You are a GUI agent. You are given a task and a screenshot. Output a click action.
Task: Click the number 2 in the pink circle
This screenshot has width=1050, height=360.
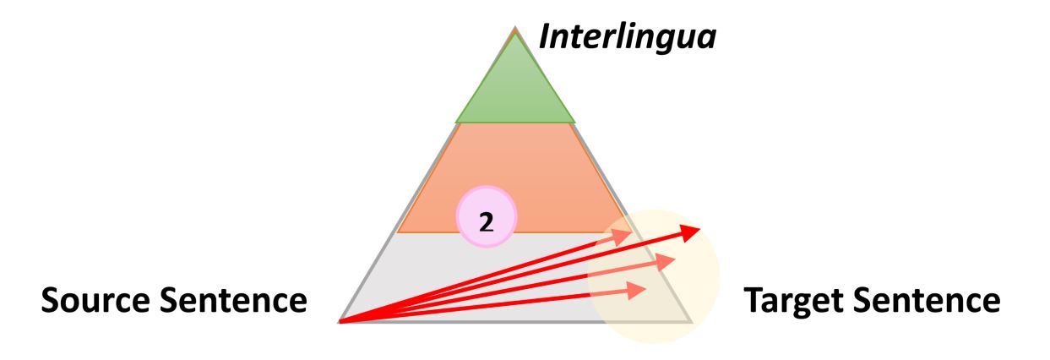pos(486,221)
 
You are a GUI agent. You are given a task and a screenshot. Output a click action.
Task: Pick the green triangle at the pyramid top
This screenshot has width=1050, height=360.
pos(514,89)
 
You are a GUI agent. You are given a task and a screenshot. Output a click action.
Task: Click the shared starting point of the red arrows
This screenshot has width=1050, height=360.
pos(340,322)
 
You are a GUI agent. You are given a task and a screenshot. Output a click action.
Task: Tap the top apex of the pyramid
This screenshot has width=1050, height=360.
pos(514,28)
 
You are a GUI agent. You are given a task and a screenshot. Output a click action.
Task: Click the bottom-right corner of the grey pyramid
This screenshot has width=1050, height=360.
pos(691,322)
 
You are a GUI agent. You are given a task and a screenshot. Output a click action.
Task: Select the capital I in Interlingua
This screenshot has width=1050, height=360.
pos(545,39)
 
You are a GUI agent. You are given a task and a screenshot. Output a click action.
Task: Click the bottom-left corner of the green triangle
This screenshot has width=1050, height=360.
pos(456,123)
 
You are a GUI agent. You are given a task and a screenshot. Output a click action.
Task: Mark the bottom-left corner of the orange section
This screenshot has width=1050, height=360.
pos(398,232)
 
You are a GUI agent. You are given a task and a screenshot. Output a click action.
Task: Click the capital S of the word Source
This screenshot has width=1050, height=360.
pos(52,300)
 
